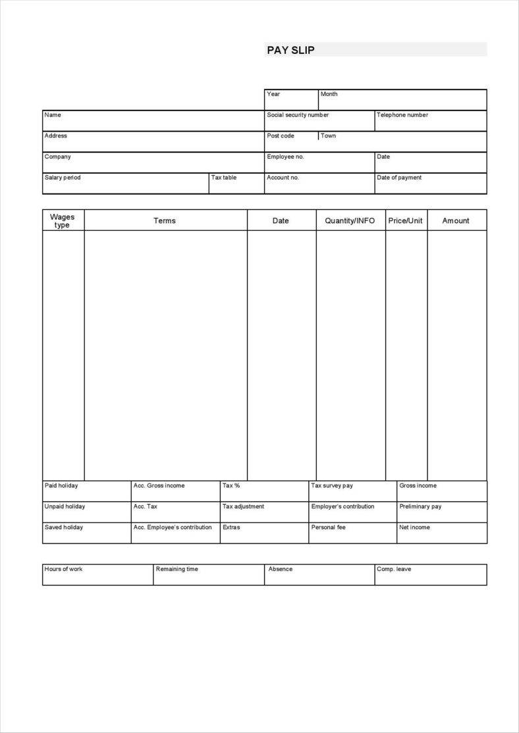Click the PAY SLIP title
[290, 50]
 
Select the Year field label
[273, 94]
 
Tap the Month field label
[329, 94]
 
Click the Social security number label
[297, 115]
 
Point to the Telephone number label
[402, 115]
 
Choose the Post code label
[281, 136]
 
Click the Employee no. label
[285, 157]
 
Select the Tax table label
[224, 178]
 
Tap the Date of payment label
[399, 178]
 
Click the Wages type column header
[63, 220]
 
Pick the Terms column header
[165, 221]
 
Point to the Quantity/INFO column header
[350, 221]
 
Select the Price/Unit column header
[405, 221]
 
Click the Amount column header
[456, 221]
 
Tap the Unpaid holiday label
[65, 507]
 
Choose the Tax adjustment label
[243, 507]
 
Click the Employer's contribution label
[342, 507]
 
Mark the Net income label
[414, 528]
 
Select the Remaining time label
[177, 569]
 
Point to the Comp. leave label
[393, 569]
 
